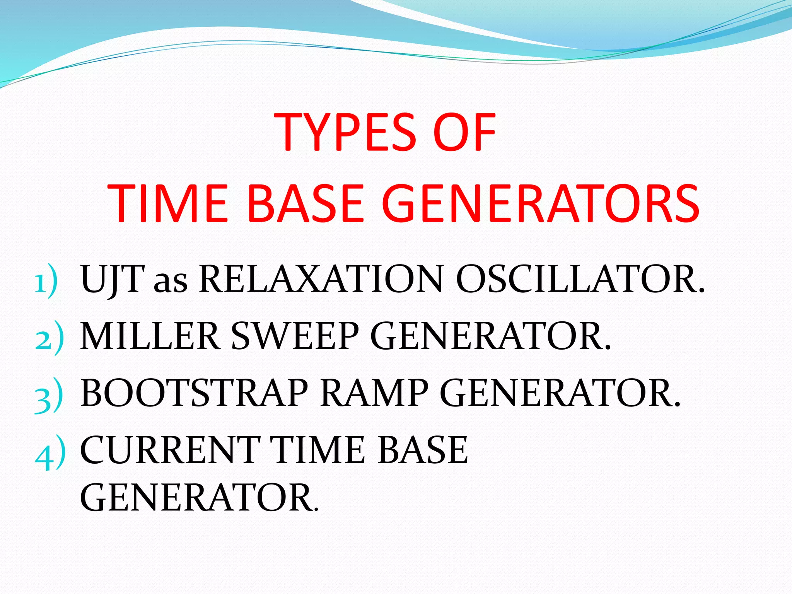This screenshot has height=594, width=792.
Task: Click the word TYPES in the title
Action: pyautogui.click(x=346, y=132)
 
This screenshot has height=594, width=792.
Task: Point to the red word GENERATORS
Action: pyautogui.click(x=540, y=204)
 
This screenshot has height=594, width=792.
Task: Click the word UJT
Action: pyautogui.click(x=113, y=279)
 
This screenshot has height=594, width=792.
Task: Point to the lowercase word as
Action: pyautogui.click(x=170, y=282)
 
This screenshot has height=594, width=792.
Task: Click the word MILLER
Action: pyautogui.click(x=150, y=336)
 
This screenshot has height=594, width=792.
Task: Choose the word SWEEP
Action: pyautogui.click(x=295, y=336)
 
